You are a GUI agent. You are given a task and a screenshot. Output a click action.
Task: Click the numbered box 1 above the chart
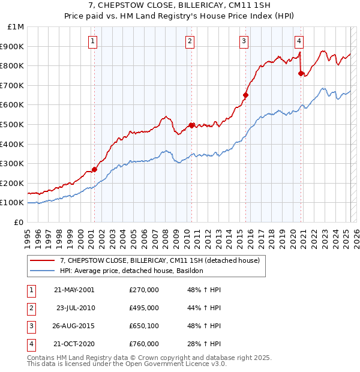[x=94, y=41]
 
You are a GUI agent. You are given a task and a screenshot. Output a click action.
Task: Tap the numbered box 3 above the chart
[x=244, y=41]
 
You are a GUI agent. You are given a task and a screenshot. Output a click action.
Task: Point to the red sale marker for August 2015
[x=245, y=95]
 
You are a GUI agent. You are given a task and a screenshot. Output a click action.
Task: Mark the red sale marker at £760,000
[x=301, y=73]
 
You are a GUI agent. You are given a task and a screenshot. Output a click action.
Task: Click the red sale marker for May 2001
[x=95, y=169]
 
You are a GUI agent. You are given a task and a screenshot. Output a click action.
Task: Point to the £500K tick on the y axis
[x=12, y=124]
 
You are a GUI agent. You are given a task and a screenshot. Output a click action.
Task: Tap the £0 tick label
[x=19, y=222]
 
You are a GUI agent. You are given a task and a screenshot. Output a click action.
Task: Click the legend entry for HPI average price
[x=132, y=271]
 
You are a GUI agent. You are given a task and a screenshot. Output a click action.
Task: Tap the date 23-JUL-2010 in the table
[x=76, y=308]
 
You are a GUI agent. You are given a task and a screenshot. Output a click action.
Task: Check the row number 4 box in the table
[x=31, y=344]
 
